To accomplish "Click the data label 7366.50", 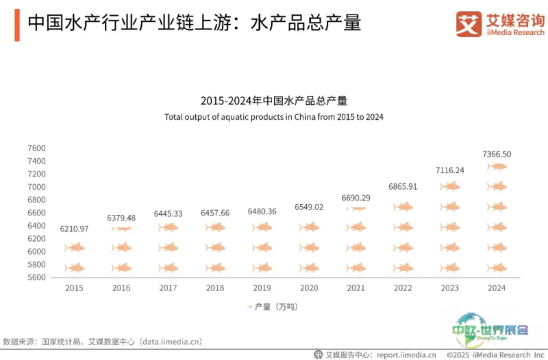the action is click(497, 154).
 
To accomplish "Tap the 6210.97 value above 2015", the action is click(74, 229).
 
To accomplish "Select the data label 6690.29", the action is click(356, 198).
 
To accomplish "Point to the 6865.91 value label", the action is click(403, 186).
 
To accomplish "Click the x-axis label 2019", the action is click(262, 287).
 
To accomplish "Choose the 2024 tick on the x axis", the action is click(497, 287).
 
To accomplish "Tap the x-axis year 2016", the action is click(121, 287).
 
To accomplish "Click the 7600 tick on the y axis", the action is click(36, 148).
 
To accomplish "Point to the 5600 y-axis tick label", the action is click(36, 277).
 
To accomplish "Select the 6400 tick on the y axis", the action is click(36, 226).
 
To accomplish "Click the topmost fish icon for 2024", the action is click(497, 166).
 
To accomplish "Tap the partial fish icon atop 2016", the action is click(121, 229).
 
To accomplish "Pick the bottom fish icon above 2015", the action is click(75, 268).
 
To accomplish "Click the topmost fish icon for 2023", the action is click(450, 186).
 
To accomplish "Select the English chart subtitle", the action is click(274, 117).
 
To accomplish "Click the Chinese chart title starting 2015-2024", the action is click(274, 101).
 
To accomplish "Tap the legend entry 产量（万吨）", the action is click(273, 307).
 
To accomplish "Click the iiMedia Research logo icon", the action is click(469, 24).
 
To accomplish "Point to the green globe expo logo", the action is click(489, 329).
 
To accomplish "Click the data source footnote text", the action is click(102, 342).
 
